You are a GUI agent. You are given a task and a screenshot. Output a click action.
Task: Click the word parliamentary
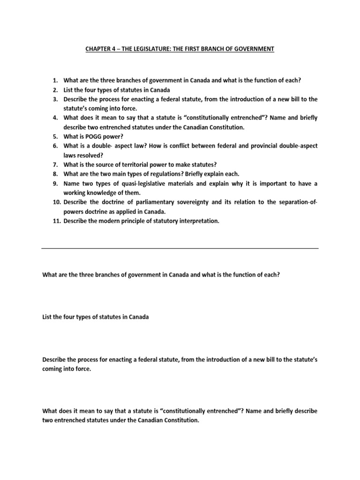click(x=144, y=202)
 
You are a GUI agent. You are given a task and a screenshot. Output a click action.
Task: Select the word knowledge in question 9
click(x=101, y=193)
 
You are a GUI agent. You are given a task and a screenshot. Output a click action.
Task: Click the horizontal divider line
click(x=180, y=248)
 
